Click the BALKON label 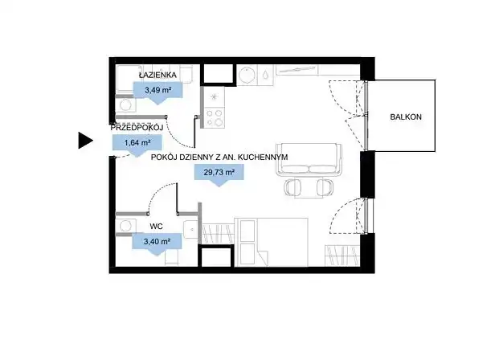pos(406,117)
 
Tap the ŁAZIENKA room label pos(157,75)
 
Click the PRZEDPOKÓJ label pos(137,128)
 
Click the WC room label pos(156,227)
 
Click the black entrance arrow pos(86,141)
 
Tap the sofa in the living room pos(309,159)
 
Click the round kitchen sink pos(247,76)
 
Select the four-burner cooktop pos(214,117)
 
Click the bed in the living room pos(271,242)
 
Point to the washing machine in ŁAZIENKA pos(125,105)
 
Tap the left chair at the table pos(293,187)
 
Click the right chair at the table pos(325,187)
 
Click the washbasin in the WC pos(191,229)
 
